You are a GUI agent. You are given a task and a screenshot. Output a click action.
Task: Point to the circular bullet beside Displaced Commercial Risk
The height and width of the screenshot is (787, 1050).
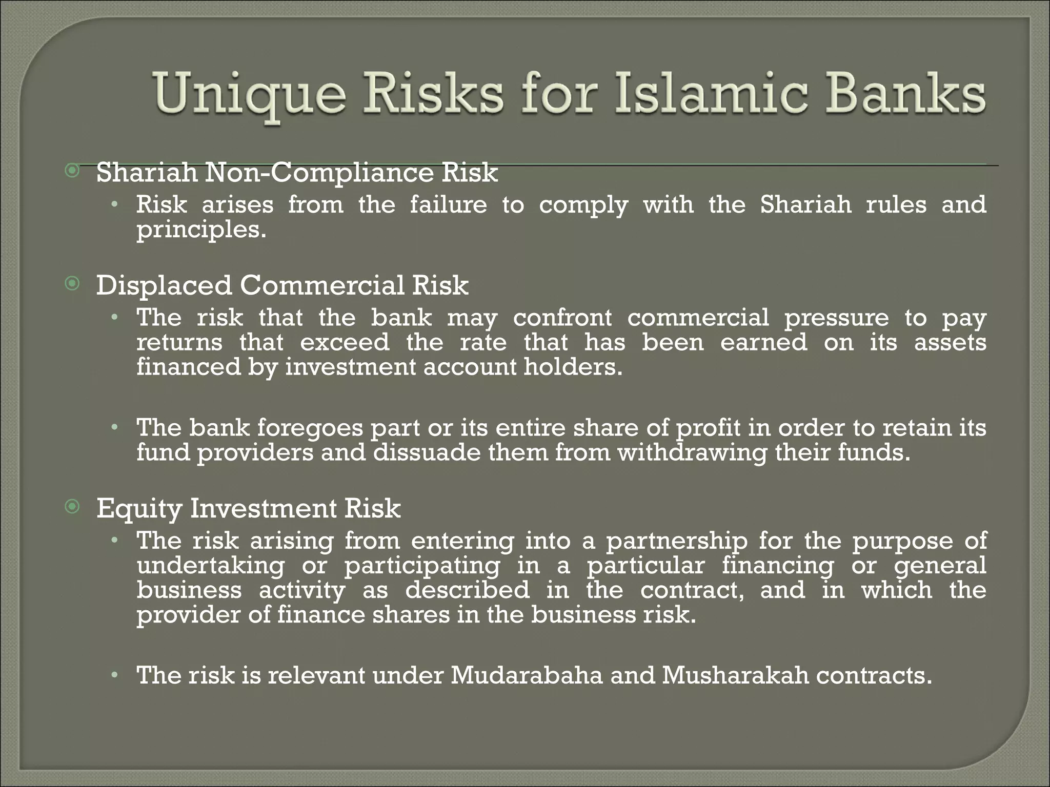[73, 283]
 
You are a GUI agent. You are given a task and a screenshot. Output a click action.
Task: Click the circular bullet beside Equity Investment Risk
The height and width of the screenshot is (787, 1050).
[73, 507]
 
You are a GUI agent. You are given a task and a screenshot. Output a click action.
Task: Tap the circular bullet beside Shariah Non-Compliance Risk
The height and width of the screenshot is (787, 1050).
[73, 171]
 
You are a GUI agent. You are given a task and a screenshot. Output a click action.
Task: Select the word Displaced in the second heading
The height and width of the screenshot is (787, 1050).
[164, 285]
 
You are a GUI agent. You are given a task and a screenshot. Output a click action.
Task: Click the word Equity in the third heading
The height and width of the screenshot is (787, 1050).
[139, 509]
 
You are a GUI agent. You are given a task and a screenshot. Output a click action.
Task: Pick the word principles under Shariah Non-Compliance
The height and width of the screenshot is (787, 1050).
[200, 230]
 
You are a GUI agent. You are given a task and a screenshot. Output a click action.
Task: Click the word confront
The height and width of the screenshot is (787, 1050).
[562, 318]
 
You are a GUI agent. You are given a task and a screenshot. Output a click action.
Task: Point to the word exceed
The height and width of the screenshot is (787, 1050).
[345, 342]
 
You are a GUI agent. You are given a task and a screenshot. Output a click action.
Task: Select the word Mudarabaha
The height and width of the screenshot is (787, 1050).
[527, 675]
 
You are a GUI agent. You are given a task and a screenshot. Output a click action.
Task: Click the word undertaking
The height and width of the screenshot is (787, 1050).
[210, 566]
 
